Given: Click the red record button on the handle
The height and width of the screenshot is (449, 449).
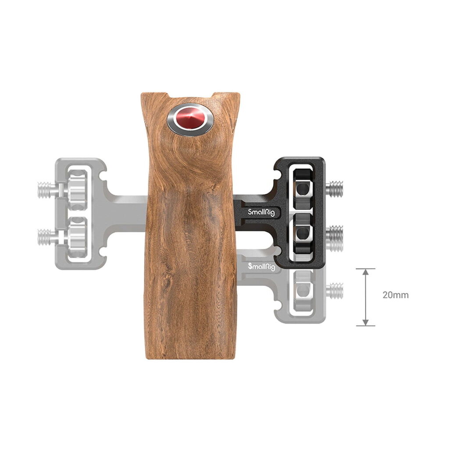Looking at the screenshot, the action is [190, 120].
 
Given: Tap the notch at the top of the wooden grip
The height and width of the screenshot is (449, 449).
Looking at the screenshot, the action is [190, 96].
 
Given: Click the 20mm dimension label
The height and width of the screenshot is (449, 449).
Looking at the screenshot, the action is [396, 295].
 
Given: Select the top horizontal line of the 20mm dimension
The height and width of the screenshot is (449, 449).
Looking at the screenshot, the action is [366, 269].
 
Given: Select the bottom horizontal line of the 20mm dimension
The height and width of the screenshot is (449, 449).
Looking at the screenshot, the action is [366, 326].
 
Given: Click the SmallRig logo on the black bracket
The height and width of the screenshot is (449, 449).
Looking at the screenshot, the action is [261, 212].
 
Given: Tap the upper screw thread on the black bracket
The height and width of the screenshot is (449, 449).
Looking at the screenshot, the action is [335, 189].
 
